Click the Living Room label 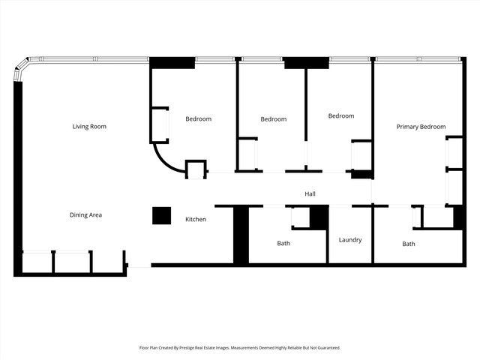click(89, 127)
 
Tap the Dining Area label click(85, 215)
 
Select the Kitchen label click(196, 219)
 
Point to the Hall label click(310, 194)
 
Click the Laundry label click(349, 240)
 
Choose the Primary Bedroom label click(421, 127)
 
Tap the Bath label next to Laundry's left click(283, 243)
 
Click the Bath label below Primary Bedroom click(409, 244)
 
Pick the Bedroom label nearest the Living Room click(199, 118)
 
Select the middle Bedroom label click(274, 119)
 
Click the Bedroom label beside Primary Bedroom click(341, 115)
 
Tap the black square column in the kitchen click(162, 215)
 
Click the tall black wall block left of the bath click(241, 235)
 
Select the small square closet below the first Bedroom click(196, 169)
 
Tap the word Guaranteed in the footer click(326, 348)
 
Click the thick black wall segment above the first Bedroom click(172, 63)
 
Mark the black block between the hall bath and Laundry click(319, 216)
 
